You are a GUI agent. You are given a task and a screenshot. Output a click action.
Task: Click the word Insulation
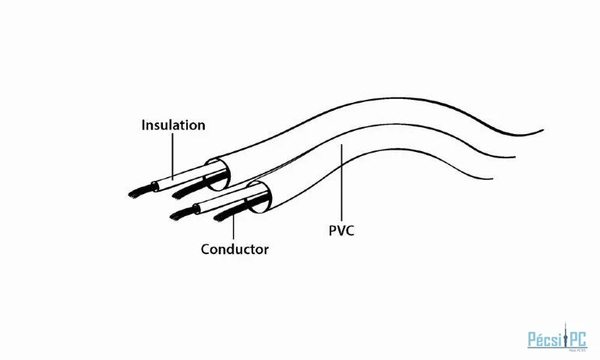(173, 125)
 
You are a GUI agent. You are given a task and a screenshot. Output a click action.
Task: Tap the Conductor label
(235, 249)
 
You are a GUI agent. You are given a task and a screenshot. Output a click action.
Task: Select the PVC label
(341, 231)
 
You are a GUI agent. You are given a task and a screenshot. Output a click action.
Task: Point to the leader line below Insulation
(172, 156)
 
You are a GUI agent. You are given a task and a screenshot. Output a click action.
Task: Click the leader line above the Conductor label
(234, 227)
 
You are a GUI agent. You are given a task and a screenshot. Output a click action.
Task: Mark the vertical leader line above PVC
(341, 183)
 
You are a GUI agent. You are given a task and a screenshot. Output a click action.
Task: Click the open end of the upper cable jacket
(218, 174)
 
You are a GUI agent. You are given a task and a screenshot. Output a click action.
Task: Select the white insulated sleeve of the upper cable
(184, 178)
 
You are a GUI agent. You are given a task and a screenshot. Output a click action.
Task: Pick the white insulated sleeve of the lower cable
(226, 202)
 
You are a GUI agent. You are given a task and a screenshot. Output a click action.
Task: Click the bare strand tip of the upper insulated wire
(140, 192)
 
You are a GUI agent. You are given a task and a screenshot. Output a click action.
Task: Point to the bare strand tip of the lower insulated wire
(182, 215)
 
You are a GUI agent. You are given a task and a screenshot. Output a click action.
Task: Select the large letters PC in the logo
(577, 339)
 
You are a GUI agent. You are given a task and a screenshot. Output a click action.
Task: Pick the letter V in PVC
(341, 231)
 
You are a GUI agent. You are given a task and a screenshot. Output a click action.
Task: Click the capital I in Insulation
(143, 125)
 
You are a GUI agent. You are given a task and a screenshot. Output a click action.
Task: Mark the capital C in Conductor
(206, 249)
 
